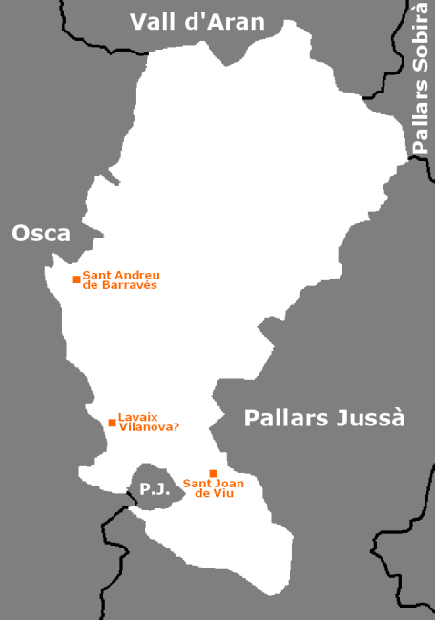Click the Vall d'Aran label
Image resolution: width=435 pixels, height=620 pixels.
(197, 21)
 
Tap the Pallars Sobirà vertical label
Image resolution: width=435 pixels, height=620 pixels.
(421, 80)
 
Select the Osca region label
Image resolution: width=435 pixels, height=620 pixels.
(41, 233)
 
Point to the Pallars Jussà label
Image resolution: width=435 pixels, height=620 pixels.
(324, 418)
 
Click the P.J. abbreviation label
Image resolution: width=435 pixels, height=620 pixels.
(155, 489)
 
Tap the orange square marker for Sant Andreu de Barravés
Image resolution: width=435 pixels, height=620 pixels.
(76, 279)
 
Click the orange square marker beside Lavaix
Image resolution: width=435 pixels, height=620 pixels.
(112, 423)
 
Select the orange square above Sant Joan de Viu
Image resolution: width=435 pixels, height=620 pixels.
(213, 473)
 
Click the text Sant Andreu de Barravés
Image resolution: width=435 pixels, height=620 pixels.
(120, 279)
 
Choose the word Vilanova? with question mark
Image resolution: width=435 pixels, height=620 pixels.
(148, 427)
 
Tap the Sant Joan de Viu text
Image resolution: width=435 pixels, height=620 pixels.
(214, 488)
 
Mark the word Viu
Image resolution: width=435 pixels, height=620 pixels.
(226, 493)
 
